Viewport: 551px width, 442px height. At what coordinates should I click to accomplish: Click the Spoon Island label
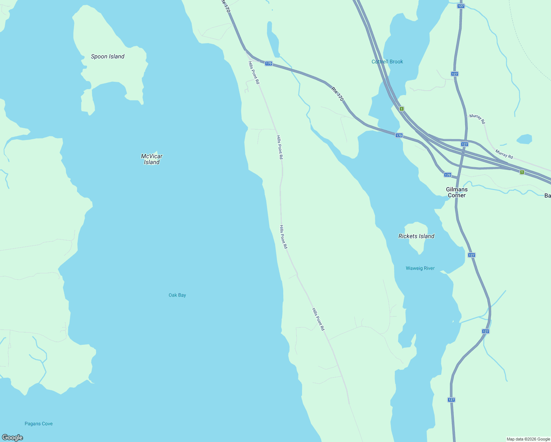click(108, 56)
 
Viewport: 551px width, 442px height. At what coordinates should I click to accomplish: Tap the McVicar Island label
click(152, 159)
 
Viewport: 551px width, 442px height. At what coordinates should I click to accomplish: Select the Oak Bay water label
click(177, 295)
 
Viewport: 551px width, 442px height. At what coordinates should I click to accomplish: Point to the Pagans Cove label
click(39, 424)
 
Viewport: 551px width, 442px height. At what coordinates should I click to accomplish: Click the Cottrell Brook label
click(387, 62)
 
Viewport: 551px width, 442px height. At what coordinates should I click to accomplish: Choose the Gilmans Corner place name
click(457, 192)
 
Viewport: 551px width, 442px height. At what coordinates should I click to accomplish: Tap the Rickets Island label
click(416, 236)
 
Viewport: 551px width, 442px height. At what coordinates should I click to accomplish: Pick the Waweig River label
click(420, 268)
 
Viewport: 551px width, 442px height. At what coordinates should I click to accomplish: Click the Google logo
click(12, 438)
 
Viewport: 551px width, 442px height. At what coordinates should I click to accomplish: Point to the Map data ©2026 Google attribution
click(528, 439)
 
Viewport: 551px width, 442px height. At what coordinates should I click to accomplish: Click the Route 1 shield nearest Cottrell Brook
click(401, 109)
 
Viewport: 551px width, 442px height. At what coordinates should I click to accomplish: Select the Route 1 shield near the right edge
click(522, 172)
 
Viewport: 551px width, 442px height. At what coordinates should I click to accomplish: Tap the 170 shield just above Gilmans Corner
click(448, 175)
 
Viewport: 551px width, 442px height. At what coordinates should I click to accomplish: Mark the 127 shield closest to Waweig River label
click(471, 255)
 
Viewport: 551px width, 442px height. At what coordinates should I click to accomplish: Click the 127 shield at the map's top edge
click(460, 6)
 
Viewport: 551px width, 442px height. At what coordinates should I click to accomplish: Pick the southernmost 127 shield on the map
click(452, 400)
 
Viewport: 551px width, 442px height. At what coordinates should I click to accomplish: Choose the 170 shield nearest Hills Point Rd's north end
click(269, 63)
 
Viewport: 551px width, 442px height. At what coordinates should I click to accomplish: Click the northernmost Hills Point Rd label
click(254, 73)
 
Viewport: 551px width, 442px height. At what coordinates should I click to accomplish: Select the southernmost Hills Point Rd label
click(318, 319)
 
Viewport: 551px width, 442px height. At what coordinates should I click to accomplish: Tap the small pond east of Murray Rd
click(524, 139)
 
